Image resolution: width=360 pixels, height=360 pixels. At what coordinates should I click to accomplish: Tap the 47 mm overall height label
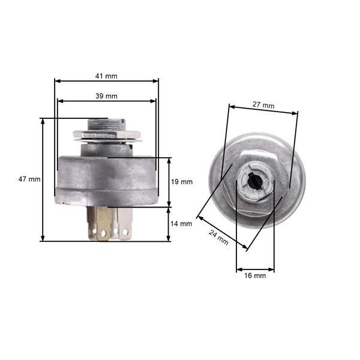click(29, 179)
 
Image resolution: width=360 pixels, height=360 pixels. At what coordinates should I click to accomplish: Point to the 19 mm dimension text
click(182, 182)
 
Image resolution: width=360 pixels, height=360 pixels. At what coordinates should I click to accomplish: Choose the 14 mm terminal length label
click(182, 224)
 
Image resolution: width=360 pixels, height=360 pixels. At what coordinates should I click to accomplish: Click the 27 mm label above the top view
click(263, 105)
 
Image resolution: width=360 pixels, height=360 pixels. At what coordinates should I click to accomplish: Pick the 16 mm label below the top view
click(255, 275)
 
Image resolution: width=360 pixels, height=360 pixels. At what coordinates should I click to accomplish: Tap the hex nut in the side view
click(107, 134)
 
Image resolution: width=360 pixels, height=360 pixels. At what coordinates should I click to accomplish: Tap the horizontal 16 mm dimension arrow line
click(255, 268)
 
